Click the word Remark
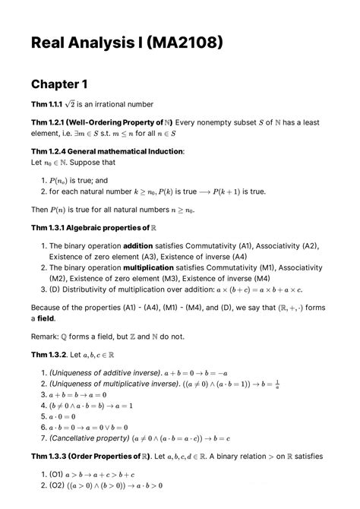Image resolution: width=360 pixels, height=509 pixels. pyautogui.click(x=49, y=337)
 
